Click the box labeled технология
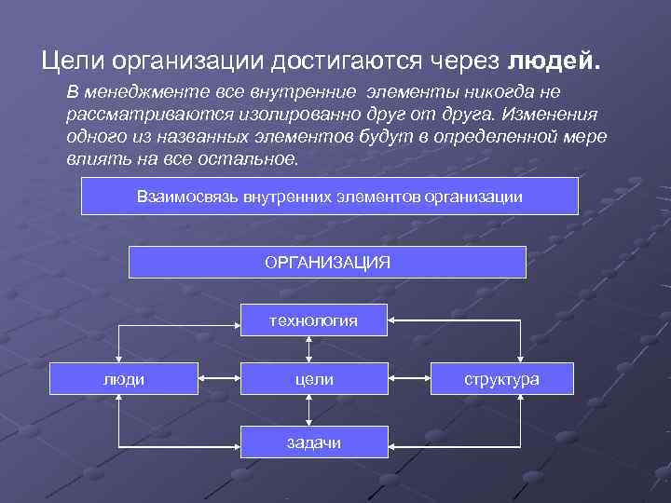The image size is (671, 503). tap(314, 320)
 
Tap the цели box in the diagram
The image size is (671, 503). tap(314, 379)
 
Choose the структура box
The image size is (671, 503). tap(502, 379)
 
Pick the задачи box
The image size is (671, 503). tap(314, 442)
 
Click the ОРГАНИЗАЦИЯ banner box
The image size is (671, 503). tap(327, 262)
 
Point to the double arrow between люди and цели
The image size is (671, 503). tap(219, 379)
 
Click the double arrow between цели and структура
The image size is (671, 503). tap(409, 379)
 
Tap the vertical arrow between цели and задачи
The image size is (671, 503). tap(314, 410)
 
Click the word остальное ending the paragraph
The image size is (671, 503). tap(251, 158)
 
